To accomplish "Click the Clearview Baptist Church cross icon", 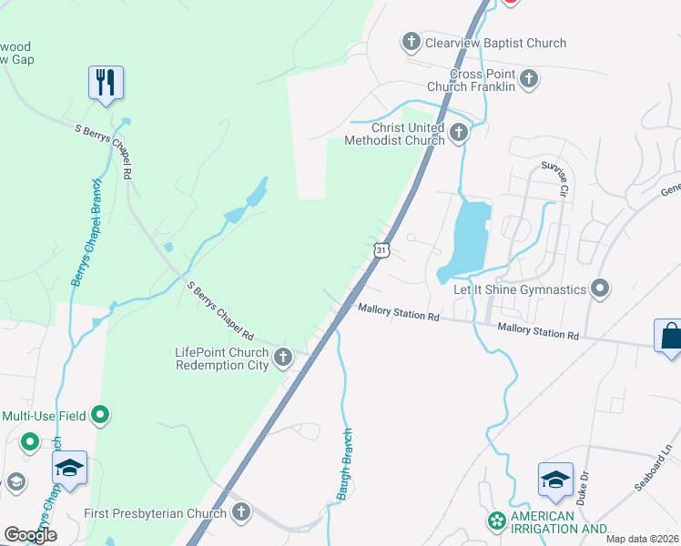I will pos(411,42).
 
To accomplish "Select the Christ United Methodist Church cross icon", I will pos(458,134).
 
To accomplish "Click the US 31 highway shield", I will pos(381,248).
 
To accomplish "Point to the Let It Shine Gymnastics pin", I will pos(600,289).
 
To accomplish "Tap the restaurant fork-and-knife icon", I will pos(107,83).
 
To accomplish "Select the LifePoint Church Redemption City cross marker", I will pos(283,358).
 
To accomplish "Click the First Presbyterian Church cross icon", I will pos(240,512).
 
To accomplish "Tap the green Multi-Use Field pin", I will pos(101,416).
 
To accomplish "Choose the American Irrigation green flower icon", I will pos(496,521).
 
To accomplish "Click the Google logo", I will pos(30,535).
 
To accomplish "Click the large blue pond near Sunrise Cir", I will pos(467,238).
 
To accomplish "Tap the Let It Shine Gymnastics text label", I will pos(520,289).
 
